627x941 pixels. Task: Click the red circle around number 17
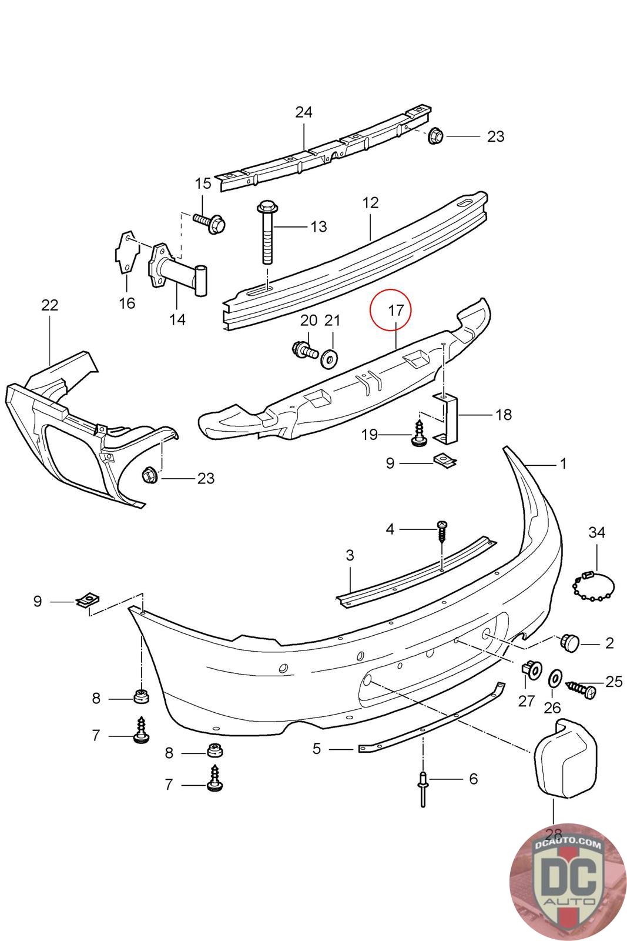pos(390,289)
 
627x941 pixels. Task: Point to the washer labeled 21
pos(330,358)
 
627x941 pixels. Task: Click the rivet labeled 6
pos(423,789)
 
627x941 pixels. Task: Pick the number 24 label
pos(303,112)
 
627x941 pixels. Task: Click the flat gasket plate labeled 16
pos(127,252)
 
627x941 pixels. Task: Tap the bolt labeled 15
pos(210,222)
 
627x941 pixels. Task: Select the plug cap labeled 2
pos(569,643)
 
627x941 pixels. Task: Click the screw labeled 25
pos(581,689)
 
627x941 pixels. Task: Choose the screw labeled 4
pos(441,532)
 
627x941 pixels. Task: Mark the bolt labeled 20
pos(305,349)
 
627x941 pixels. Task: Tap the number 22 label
pos(49,305)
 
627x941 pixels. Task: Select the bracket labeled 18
pos(445,418)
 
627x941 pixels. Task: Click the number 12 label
pos(370,203)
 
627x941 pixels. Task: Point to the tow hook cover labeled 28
pos(565,756)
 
